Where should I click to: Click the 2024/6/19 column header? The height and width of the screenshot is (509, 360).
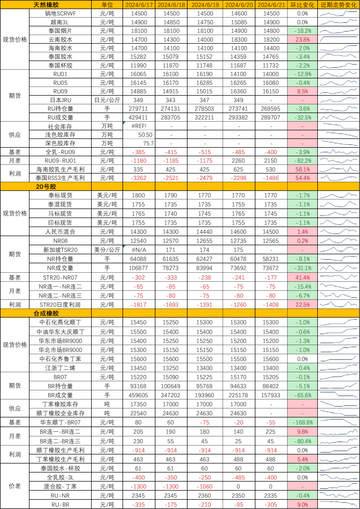point(205,5)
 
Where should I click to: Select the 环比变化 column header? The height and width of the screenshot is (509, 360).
point(302,5)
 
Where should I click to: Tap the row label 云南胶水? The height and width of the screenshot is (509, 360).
point(60,39)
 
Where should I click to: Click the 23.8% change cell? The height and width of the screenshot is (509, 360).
point(303,39)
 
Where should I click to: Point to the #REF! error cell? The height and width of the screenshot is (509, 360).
point(139,126)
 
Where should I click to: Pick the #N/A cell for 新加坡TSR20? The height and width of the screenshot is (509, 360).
point(139,250)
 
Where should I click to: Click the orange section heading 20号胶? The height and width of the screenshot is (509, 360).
point(46,187)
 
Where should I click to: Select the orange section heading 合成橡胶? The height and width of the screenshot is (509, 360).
point(46,313)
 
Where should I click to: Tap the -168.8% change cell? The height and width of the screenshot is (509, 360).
point(303,422)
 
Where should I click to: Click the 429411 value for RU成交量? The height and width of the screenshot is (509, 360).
point(138,118)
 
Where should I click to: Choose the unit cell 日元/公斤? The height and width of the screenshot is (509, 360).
point(107,100)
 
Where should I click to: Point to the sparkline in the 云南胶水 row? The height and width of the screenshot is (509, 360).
point(339,39)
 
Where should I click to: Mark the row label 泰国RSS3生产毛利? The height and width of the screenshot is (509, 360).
point(60,178)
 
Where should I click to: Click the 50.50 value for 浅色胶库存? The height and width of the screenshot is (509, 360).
point(145,135)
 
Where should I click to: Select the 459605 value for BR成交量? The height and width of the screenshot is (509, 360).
point(138,395)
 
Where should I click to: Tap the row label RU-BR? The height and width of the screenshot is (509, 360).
point(60,505)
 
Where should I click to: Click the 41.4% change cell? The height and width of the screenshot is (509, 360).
point(303,278)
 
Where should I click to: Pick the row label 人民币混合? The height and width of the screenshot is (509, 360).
point(60,232)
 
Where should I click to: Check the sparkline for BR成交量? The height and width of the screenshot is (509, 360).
point(339,394)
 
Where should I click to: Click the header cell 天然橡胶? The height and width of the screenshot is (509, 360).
point(46,5)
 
